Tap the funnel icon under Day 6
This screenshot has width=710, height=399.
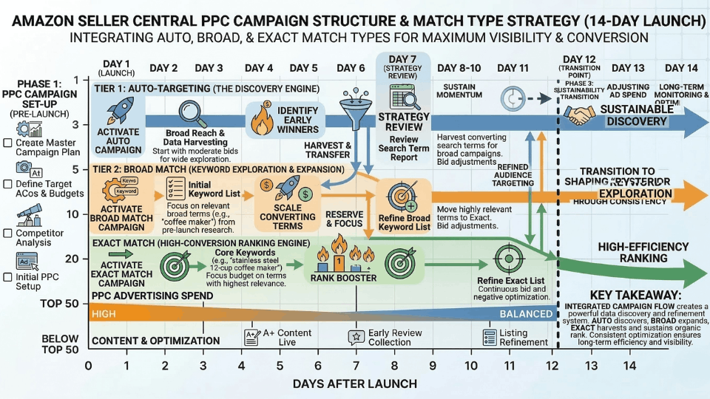point(350,103)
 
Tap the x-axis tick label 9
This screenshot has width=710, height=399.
point(432,366)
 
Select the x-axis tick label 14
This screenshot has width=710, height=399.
point(629,366)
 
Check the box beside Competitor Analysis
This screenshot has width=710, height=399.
point(7,234)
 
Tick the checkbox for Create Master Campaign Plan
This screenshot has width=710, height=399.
point(7,143)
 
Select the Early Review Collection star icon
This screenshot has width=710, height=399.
point(355,337)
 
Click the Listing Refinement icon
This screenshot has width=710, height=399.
point(490,337)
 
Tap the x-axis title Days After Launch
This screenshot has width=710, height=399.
point(355,383)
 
